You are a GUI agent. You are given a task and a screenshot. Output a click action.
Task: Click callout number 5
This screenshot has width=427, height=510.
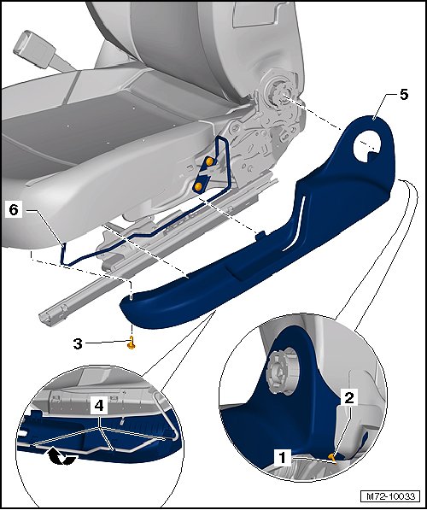(x=403, y=95)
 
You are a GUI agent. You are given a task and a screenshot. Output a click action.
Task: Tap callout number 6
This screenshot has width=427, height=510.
(x=14, y=210)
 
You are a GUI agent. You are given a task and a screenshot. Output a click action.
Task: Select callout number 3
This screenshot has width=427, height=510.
(x=78, y=343)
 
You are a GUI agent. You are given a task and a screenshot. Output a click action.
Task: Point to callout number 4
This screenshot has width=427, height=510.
(x=99, y=406)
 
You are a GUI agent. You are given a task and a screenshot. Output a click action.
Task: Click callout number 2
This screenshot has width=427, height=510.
(x=349, y=397)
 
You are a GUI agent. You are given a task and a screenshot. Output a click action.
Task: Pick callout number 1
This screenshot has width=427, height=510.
(x=282, y=458)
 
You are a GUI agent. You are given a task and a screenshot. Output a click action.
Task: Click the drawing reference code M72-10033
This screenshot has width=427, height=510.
(x=390, y=496)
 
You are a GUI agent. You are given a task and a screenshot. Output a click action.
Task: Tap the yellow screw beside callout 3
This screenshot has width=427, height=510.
(x=131, y=343)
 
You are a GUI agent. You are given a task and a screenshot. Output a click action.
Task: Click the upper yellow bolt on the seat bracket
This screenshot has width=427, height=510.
(x=210, y=161)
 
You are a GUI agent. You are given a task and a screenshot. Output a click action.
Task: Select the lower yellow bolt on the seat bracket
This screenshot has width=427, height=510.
(x=198, y=186)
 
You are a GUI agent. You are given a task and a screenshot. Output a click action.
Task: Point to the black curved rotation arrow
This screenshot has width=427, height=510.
(x=61, y=458)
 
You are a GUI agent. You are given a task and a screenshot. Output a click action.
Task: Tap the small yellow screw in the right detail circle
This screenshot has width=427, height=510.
(x=332, y=458)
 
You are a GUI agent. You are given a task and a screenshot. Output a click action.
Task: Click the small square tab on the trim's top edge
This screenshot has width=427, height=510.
(x=260, y=236)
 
